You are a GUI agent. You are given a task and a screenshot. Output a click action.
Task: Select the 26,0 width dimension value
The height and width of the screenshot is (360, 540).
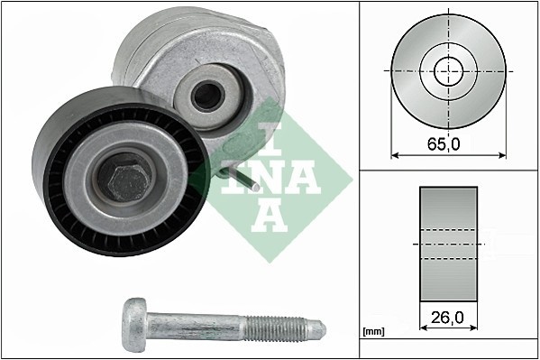pyautogui.click(x=448, y=318)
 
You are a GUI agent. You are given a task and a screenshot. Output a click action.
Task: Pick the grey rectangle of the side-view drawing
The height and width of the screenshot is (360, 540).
pyautogui.click(x=448, y=244)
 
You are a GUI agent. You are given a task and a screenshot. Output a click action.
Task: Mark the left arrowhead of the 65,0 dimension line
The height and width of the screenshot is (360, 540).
pyautogui.click(x=394, y=154)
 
